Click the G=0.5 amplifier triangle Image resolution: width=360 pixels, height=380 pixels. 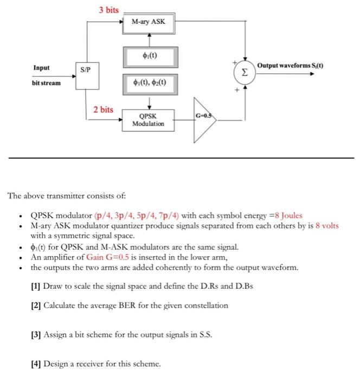click(203, 120)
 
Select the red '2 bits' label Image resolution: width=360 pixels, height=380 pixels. click(104, 110)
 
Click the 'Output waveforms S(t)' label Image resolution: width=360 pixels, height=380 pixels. click(291, 66)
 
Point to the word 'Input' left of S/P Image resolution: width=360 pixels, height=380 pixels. click(41, 68)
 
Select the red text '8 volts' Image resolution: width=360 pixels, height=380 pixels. click(327, 225)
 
